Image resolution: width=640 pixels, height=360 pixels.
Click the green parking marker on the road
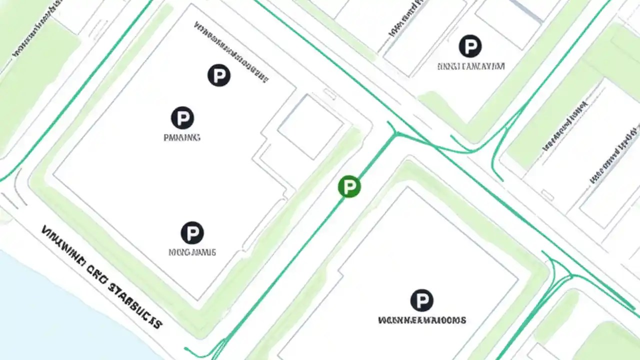(x=349, y=186)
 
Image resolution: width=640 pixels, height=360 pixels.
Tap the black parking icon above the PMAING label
(x=182, y=118)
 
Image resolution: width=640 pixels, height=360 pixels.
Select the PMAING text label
(x=182, y=137)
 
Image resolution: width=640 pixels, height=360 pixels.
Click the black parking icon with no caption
(x=218, y=75)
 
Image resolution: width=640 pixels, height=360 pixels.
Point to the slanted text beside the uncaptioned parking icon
(x=231, y=50)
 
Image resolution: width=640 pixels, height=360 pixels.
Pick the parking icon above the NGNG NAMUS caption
(x=192, y=233)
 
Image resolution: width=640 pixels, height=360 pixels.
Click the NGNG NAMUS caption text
(x=192, y=252)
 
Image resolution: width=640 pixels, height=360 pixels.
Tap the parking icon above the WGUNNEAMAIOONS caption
(x=421, y=300)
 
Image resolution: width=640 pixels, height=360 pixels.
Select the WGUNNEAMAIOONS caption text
(x=422, y=319)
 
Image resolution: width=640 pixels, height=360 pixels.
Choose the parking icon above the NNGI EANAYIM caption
(x=470, y=46)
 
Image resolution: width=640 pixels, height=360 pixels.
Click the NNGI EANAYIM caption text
(x=471, y=66)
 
